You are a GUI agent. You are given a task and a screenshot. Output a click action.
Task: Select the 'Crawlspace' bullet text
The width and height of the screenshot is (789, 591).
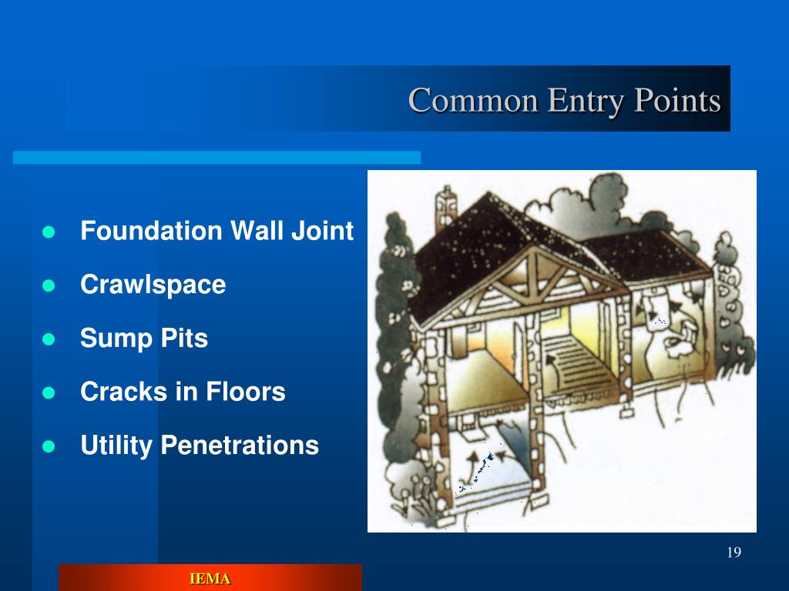tap(153, 285)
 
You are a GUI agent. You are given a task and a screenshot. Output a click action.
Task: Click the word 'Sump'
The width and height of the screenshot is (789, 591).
tap(111, 339)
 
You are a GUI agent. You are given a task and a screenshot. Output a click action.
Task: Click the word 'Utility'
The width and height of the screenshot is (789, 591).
tap(116, 446)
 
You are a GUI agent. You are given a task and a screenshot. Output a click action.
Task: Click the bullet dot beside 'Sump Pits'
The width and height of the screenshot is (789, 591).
tap(51, 339)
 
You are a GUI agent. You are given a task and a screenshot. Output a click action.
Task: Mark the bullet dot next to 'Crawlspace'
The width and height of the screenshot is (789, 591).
tap(51, 285)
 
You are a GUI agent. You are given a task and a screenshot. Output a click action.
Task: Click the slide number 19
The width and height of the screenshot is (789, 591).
tap(733, 553)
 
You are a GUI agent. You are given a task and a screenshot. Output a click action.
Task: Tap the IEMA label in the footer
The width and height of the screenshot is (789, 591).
tap(210, 579)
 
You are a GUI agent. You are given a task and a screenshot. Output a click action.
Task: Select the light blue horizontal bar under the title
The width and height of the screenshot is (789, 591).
tap(217, 157)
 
